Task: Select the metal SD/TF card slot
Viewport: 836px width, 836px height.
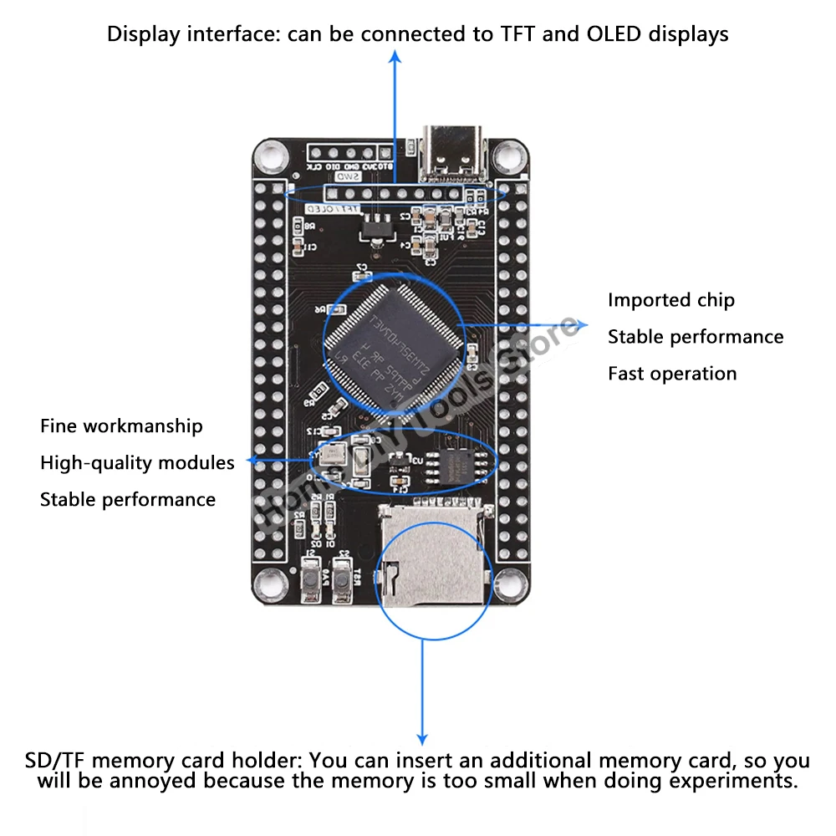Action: [430, 557]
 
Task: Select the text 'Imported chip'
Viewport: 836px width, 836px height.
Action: [670, 300]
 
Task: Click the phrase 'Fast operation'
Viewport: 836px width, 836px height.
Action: [672, 374]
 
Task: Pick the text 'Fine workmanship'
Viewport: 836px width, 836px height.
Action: [121, 426]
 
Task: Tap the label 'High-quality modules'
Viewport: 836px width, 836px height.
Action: [137, 463]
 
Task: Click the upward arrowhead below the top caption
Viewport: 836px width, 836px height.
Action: [396, 56]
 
